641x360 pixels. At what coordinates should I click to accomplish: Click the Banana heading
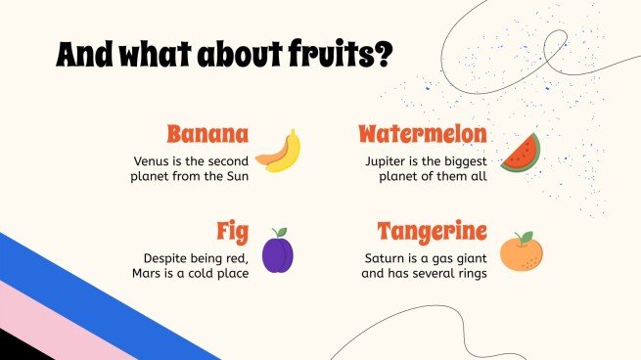point(206,134)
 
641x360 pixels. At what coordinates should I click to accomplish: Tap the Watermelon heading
point(422,134)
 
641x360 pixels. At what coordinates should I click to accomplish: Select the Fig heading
point(232,232)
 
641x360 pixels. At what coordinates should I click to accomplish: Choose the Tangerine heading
point(432,232)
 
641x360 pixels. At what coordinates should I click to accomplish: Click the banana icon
point(279,153)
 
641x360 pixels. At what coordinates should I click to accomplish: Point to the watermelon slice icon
point(520,154)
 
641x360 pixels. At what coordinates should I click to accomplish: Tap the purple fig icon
point(278,254)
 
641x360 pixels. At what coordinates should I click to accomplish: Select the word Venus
point(153,160)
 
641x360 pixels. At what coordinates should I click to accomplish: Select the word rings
point(468,273)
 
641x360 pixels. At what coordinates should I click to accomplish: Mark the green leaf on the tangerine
point(527,238)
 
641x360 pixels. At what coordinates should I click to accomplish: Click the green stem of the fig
point(280,232)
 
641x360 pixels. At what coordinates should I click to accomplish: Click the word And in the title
point(83,56)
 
